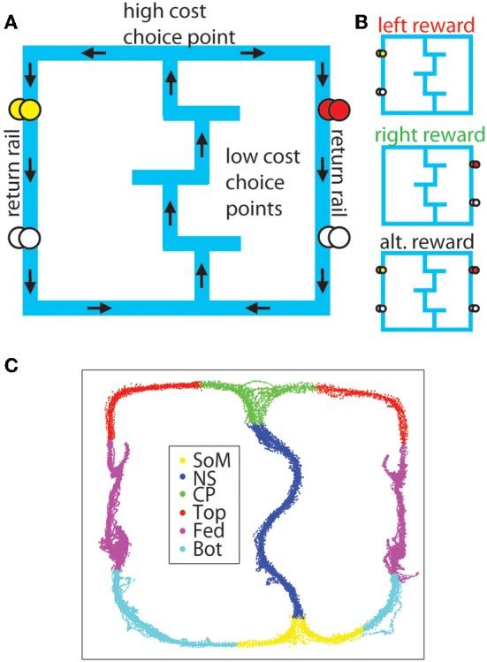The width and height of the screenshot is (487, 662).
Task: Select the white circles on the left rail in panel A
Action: coord(23,238)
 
